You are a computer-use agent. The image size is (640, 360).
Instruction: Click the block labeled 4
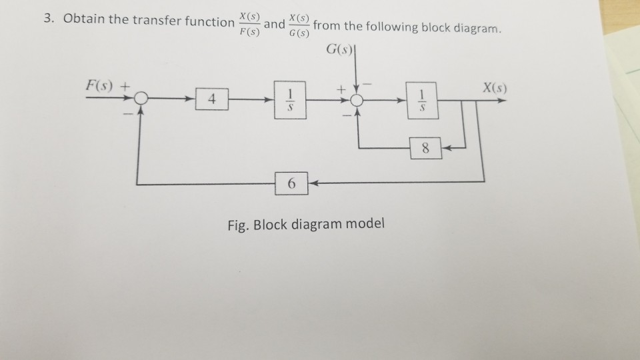point(211,101)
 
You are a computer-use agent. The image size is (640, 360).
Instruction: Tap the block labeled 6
point(291,182)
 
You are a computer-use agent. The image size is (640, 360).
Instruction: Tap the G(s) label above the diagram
point(341,51)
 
